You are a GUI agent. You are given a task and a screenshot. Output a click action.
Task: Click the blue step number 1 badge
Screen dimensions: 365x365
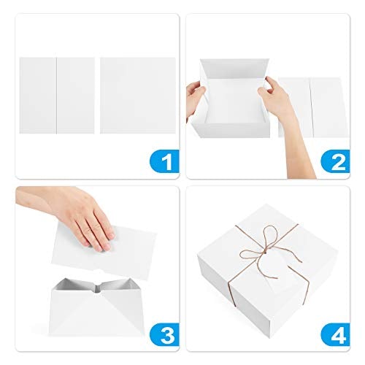(165, 161)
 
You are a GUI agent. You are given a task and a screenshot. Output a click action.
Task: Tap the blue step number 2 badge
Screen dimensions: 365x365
(336, 161)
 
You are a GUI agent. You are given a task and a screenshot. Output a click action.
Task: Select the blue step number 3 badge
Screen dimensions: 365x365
(165, 334)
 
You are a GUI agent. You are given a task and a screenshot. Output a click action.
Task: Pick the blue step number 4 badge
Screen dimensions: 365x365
(336, 334)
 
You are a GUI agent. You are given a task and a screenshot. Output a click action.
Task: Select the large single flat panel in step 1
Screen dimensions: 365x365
(138, 96)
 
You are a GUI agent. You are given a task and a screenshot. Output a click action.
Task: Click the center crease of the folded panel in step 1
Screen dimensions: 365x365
(57, 96)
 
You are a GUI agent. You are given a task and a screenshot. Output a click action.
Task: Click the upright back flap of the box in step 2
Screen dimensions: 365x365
(235, 69)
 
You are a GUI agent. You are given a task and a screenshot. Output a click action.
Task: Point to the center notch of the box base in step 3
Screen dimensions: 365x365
(97, 288)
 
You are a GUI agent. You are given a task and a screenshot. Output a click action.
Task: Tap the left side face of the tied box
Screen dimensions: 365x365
(214, 280)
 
